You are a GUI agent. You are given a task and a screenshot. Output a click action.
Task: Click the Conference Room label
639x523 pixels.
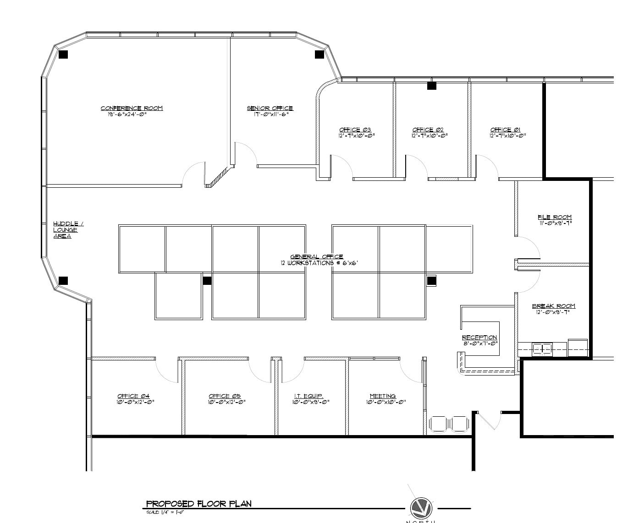(x=132, y=108)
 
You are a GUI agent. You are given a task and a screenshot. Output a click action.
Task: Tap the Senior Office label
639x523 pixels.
(x=270, y=108)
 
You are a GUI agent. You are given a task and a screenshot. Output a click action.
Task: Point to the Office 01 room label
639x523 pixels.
(x=506, y=130)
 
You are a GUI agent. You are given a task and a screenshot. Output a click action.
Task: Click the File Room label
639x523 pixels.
(x=555, y=217)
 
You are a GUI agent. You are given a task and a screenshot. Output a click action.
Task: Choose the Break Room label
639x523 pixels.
(x=553, y=306)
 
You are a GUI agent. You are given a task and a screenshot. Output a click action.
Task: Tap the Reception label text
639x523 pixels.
(x=479, y=338)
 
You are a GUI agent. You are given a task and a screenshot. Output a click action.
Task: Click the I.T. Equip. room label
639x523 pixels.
(x=308, y=396)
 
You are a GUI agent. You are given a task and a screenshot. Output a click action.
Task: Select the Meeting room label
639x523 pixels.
(x=383, y=396)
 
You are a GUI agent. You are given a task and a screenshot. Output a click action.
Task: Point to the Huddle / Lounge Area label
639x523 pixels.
(x=68, y=230)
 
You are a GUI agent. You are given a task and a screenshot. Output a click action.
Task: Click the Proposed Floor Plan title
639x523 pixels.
(x=198, y=504)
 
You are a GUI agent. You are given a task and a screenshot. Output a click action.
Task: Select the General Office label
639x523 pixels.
(x=317, y=257)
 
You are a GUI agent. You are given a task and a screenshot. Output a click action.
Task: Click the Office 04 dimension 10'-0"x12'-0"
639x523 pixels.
(x=135, y=402)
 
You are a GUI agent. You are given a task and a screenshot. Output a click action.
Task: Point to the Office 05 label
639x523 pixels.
(x=225, y=396)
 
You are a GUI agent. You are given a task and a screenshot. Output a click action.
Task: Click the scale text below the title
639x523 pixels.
(x=165, y=512)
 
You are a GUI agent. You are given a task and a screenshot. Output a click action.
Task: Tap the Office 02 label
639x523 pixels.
(x=428, y=130)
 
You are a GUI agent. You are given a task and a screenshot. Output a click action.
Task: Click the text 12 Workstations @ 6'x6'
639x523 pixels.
(x=319, y=263)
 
